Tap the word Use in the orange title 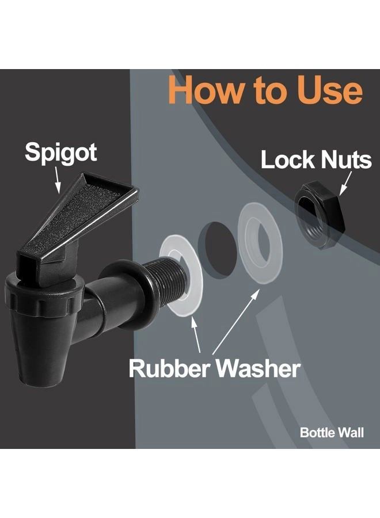coord(329,90)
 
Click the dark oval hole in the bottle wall coord(217,244)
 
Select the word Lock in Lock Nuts coord(288,160)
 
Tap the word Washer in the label coord(260,368)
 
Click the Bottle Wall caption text coord(332,433)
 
